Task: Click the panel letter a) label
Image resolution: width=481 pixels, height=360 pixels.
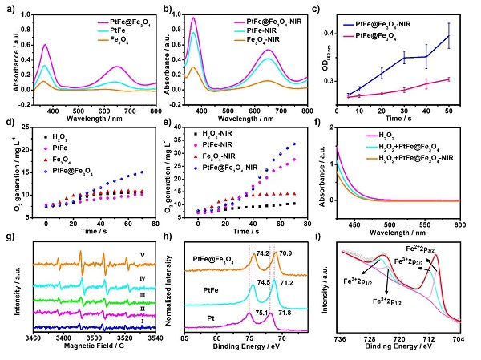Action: (10, 9)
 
